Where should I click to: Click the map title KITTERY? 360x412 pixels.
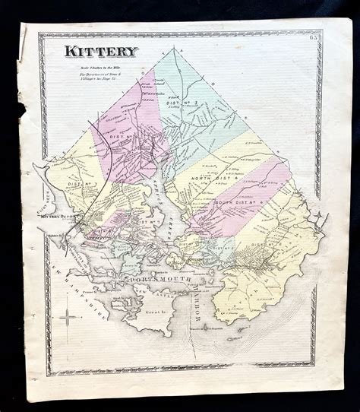[101, 52]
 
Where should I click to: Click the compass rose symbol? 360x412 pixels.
[68, 316]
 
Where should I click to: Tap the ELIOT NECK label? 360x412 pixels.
[43, 204]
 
